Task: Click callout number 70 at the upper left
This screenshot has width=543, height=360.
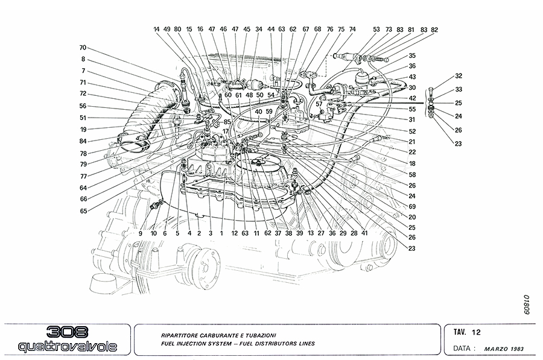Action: [x=83, y=48]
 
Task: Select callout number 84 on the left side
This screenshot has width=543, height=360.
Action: [x=83, y=142]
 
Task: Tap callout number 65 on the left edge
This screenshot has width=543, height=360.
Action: [x=83, y=211]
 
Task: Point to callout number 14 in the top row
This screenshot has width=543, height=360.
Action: [x=156, y=29]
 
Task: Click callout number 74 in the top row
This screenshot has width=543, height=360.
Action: [x=352, y=29]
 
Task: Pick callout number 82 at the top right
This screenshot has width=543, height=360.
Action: [x=434, y=29]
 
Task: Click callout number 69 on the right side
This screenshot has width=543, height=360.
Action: [x=412, y=207]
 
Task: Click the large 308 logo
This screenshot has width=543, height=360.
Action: [x=67, y=332]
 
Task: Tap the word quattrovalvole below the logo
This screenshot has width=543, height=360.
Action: [x=67, y=347]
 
